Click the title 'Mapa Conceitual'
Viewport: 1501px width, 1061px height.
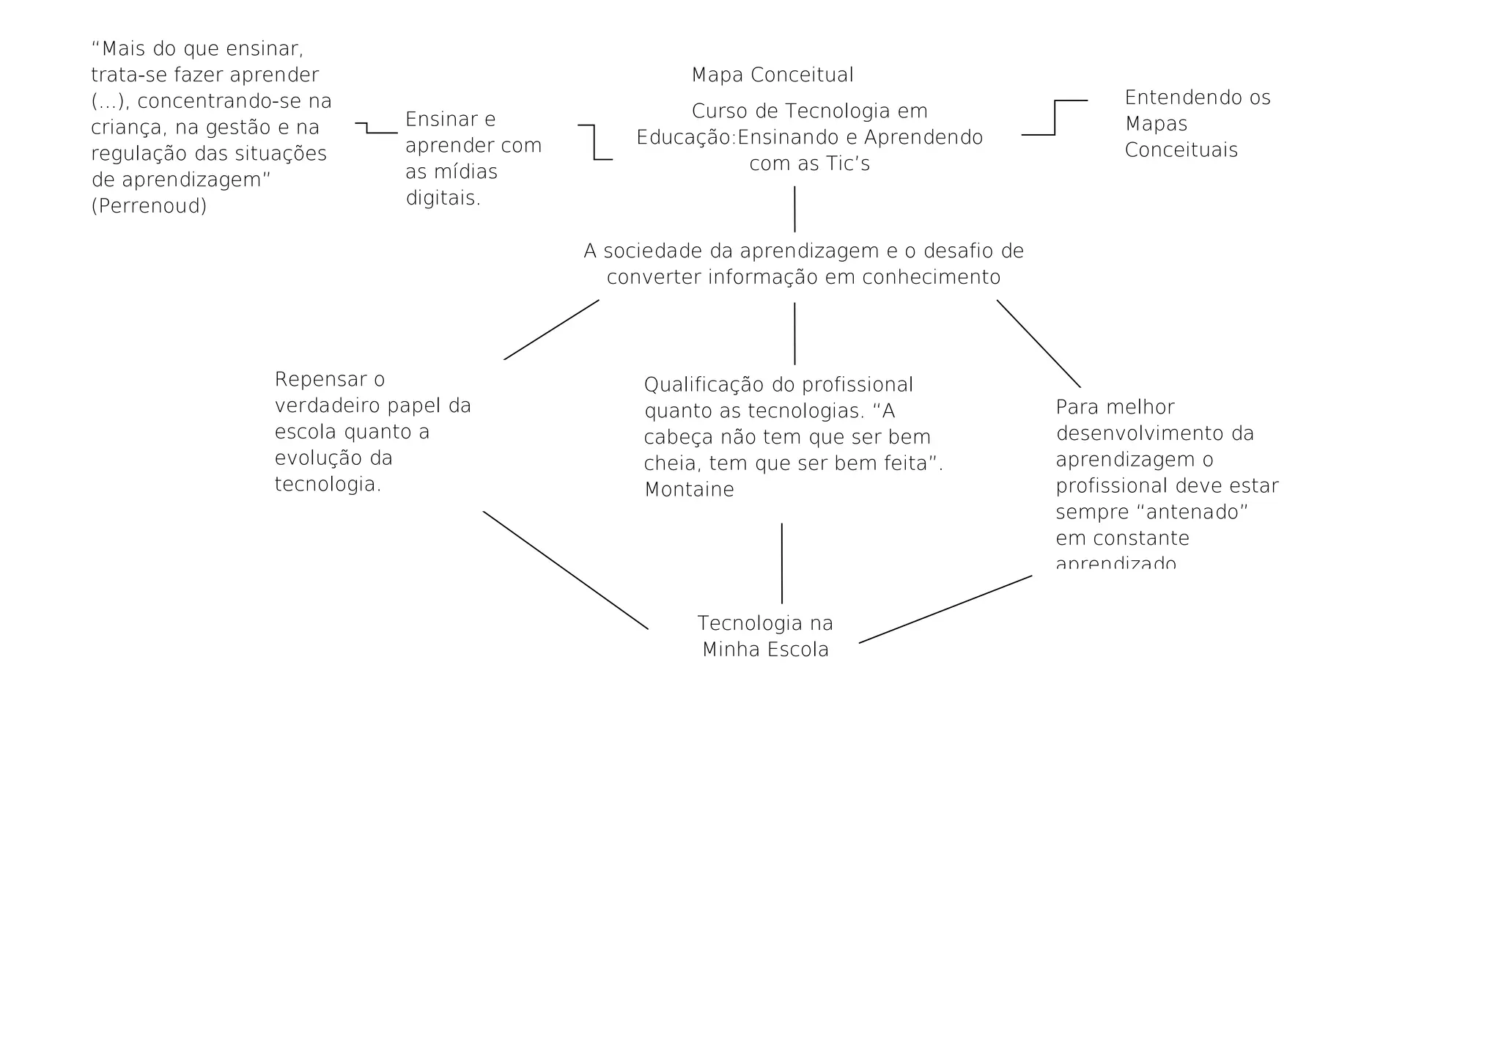click(772, 75)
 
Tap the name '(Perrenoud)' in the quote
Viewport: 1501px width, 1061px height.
click(149, 206)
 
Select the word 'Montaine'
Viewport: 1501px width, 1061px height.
click(689, 490)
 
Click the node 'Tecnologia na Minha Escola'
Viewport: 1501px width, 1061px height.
click(765, 636)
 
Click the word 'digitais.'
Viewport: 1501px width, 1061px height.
click(443, 198)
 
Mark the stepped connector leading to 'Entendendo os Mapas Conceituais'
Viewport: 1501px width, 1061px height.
click(1055, 119)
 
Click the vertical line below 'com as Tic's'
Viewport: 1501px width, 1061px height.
click(794, 209)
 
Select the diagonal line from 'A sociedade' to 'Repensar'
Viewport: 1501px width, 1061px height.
click(551, 330)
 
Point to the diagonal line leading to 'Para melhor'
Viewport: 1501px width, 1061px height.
click(1039, 343)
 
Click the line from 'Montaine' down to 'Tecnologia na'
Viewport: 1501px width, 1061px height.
click(782, 563)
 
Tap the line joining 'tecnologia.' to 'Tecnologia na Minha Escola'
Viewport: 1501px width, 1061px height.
click(566, 570)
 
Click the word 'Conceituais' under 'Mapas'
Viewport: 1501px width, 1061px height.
click(1181, 150)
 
